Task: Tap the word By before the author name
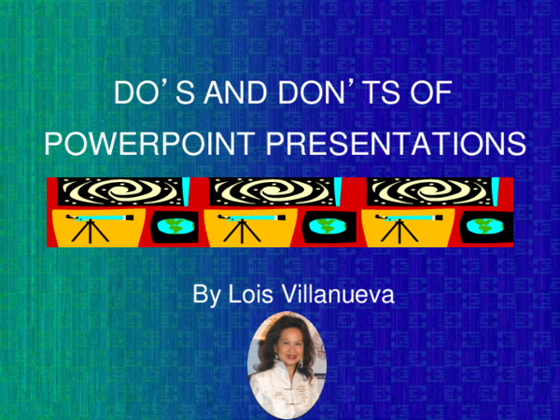(x=204, y=296)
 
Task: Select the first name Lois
(x=250, y=296)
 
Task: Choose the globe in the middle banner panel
(x=326, y=227)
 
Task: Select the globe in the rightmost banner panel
(x=483, y=227)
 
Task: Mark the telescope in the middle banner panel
(x=252, y=224)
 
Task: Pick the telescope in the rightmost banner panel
(x=409, y=224)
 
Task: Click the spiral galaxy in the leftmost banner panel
(x=117, y=191)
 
